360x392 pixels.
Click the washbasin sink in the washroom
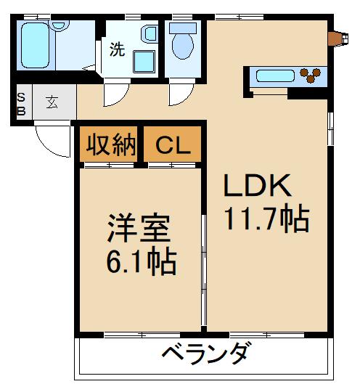(150, 34)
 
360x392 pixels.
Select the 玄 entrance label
(54, 102)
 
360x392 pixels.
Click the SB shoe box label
(21, 103)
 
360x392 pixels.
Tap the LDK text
(257, 187)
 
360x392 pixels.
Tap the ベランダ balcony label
(206, 355)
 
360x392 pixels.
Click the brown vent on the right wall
(335, 38)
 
